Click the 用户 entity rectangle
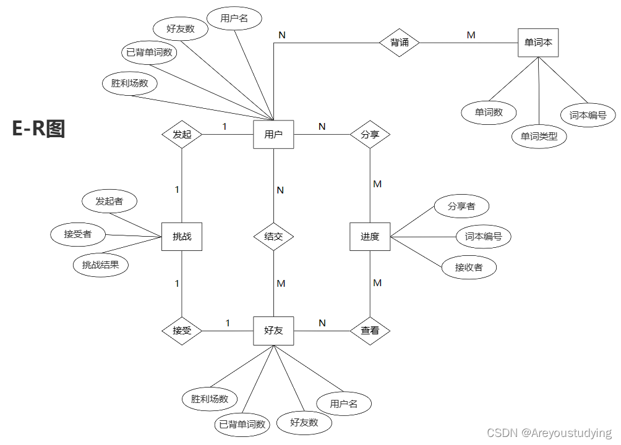coord(273,134)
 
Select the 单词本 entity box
coord(537,43)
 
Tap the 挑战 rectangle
coord(182,236)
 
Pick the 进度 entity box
coord(370,236)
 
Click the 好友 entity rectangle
coord(273,331)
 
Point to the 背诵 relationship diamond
coord(399,43)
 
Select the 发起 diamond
coord(182,134)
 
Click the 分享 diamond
coord(370,134)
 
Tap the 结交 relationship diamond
coord(273,236)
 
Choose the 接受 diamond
coord(182,331)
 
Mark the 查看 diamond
coord(370,331)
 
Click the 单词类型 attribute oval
coord(539,136)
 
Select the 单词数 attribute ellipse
coord(489,112)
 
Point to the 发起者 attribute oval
coord(109,201)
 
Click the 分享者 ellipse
coord(461,206)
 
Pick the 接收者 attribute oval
coord(469,268)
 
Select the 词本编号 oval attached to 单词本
coord(588,115)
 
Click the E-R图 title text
coord(38,129)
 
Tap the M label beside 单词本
coord(471,35)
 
